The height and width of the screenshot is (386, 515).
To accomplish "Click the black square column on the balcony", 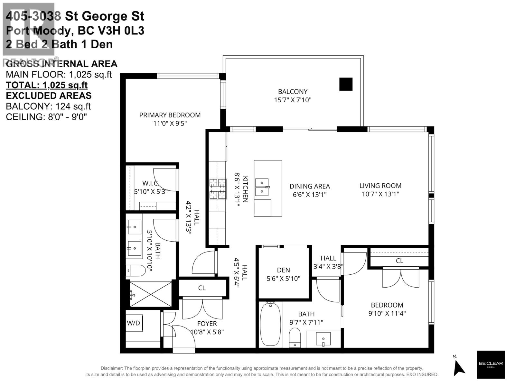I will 346,84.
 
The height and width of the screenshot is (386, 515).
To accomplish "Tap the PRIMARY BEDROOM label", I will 170,115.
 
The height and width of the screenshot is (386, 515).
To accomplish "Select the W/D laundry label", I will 133,323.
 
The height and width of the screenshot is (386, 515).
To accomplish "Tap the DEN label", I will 283,270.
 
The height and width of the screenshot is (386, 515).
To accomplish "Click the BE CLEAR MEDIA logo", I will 491,364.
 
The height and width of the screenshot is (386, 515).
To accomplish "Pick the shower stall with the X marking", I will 151,294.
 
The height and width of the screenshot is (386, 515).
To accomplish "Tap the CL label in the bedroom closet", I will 399,261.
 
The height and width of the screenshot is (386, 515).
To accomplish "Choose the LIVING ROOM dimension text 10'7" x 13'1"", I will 380,194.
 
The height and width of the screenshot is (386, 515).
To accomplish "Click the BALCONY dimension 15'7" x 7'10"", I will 293,100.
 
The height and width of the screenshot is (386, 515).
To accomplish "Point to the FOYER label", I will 207,324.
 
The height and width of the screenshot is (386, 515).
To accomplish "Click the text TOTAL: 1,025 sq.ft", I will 47,85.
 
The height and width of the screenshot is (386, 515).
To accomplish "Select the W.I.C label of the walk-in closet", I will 150,183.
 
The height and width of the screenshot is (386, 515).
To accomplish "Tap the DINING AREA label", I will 309,186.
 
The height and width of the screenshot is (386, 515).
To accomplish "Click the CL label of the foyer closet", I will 202,288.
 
